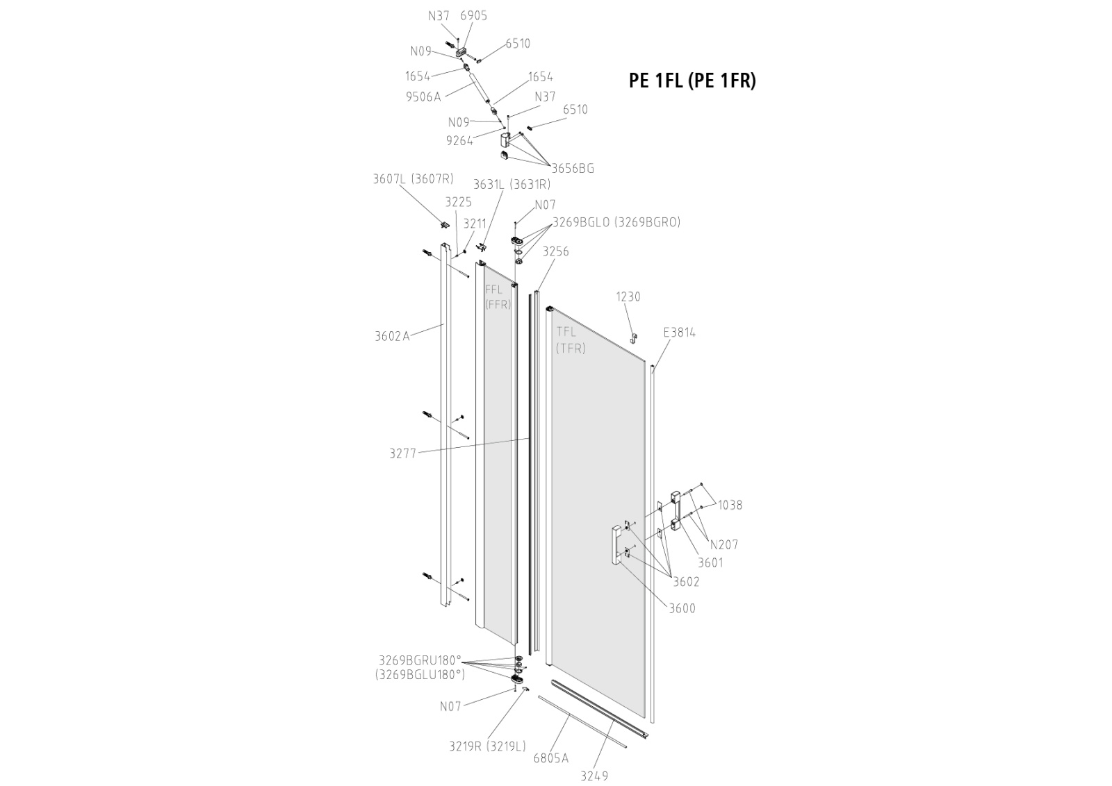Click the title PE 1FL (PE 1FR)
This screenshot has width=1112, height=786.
pos(692,81)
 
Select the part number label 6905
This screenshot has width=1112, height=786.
pos(473,15)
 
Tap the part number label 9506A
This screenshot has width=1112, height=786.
pos(423,97)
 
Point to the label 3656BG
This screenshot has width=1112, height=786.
pos(573,168)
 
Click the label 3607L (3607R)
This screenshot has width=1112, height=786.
pos(413,179)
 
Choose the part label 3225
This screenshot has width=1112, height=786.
pos(458,202)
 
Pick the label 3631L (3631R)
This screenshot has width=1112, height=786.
pos(512,185)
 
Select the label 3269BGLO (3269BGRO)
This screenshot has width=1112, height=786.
pos(616,222)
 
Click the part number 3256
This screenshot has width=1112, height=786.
pos(555,251)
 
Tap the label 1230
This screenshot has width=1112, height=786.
pos(628,296)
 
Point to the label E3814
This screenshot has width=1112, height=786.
pos(679,333)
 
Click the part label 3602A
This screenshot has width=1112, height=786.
pos(392,337)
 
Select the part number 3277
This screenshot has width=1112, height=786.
pos(402,454)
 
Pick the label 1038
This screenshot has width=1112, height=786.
pos(730,505)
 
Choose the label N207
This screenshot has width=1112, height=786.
pos(724,545)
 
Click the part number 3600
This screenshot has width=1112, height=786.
pos(682,609)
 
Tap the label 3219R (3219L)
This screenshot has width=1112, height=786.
pos(487,746)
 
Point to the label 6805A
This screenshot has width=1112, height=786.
pos(550,758)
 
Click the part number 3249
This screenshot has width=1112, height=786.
pos(594,776)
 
